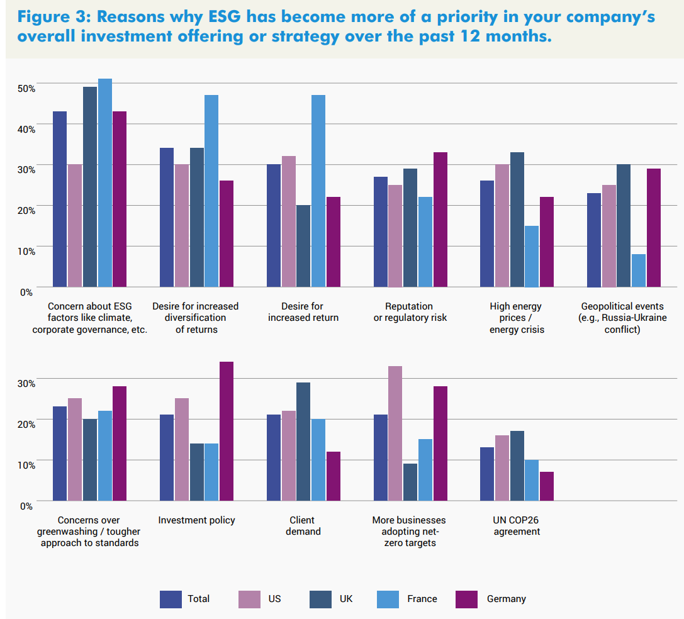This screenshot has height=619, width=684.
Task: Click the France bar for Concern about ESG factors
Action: pos(104,182)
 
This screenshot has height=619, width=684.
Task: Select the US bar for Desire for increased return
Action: pos(289,221)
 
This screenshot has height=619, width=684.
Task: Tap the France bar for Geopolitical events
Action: pos(639,270)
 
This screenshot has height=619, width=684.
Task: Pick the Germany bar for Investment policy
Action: pos(227,431)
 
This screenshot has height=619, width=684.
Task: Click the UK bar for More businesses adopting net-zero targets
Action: pos(410,482)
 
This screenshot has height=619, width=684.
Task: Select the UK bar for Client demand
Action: pos(303,442)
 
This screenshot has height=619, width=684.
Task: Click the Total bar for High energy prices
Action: pos(487,233)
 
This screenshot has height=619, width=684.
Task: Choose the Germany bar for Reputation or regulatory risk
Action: pos(440,220)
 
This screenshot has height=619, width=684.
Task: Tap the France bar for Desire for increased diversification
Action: pos(211,191)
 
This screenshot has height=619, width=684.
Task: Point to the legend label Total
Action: pos(199,599)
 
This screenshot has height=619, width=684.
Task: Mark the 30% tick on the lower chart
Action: pos(26,382)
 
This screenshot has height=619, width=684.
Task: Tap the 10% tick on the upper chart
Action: pos(26,250)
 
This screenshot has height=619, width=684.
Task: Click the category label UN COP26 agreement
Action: pos(516,526)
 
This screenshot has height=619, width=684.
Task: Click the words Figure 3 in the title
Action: pos(49,17)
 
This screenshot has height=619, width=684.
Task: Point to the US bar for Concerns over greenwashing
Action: pos(75,449)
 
